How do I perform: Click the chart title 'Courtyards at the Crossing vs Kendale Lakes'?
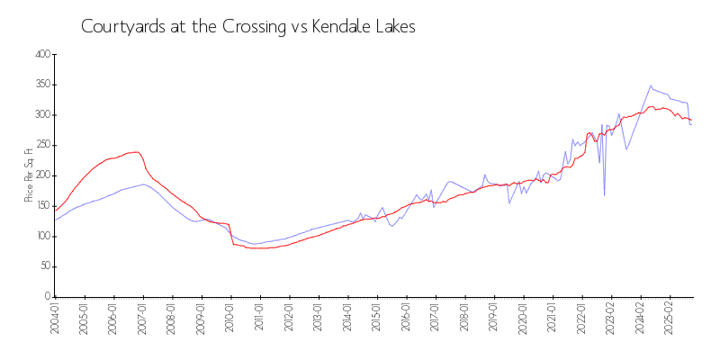coord(248,27)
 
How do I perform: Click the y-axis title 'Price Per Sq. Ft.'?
coord(29,175)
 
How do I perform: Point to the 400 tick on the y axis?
coord(41,55)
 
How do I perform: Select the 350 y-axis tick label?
coord(41,85)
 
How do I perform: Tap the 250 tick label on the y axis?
coord(41,145)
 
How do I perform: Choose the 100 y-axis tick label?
coord(41,236)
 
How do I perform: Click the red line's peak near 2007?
coord(137,152)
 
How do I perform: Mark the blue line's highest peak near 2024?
coord(651,85)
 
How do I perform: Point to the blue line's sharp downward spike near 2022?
coord(604,195)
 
